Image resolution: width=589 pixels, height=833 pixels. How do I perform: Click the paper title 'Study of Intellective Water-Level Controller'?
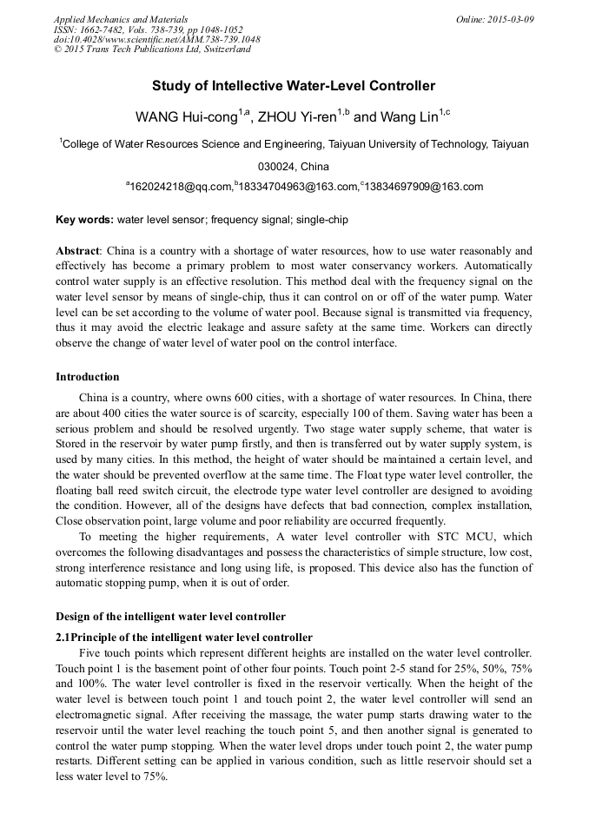(294, 86)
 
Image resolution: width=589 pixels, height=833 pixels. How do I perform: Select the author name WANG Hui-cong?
(186, 117)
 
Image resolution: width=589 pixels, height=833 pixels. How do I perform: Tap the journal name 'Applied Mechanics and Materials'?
(121, 19)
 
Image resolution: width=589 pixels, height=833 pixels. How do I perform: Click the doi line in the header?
(156, 39)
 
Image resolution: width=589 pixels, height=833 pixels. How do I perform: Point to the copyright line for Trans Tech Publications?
(152, 50)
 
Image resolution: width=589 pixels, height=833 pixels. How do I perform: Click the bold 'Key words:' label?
(84, 221)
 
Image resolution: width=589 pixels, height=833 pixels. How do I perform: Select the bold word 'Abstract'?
(77, 250)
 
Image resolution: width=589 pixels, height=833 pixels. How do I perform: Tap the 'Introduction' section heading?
(88, 377)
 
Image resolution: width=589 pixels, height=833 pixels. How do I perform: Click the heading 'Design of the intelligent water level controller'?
(170, 617)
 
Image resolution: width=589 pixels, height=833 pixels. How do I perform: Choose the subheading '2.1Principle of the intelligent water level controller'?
(183, 637)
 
